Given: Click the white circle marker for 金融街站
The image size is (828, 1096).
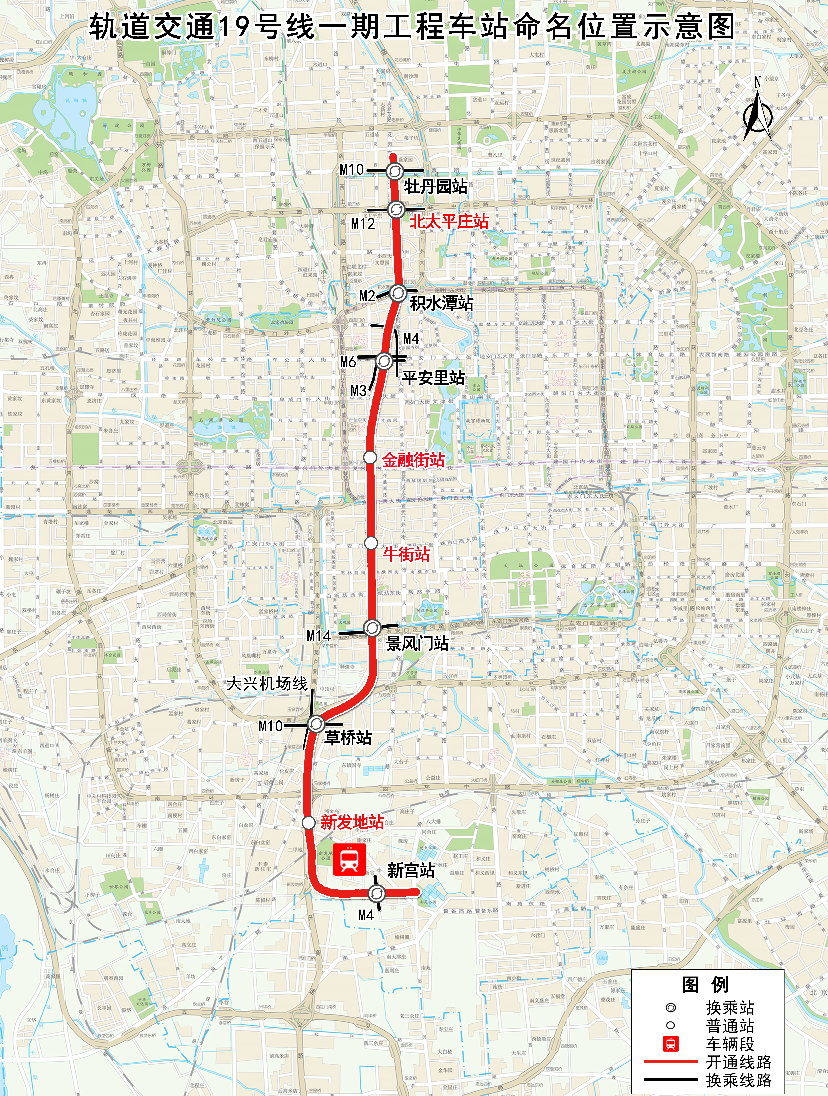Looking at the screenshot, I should click(x=370, y=457).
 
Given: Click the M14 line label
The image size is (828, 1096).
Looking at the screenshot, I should click(x=319, y=636).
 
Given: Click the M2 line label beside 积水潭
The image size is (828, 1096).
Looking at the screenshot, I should click(x=367, y=296).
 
